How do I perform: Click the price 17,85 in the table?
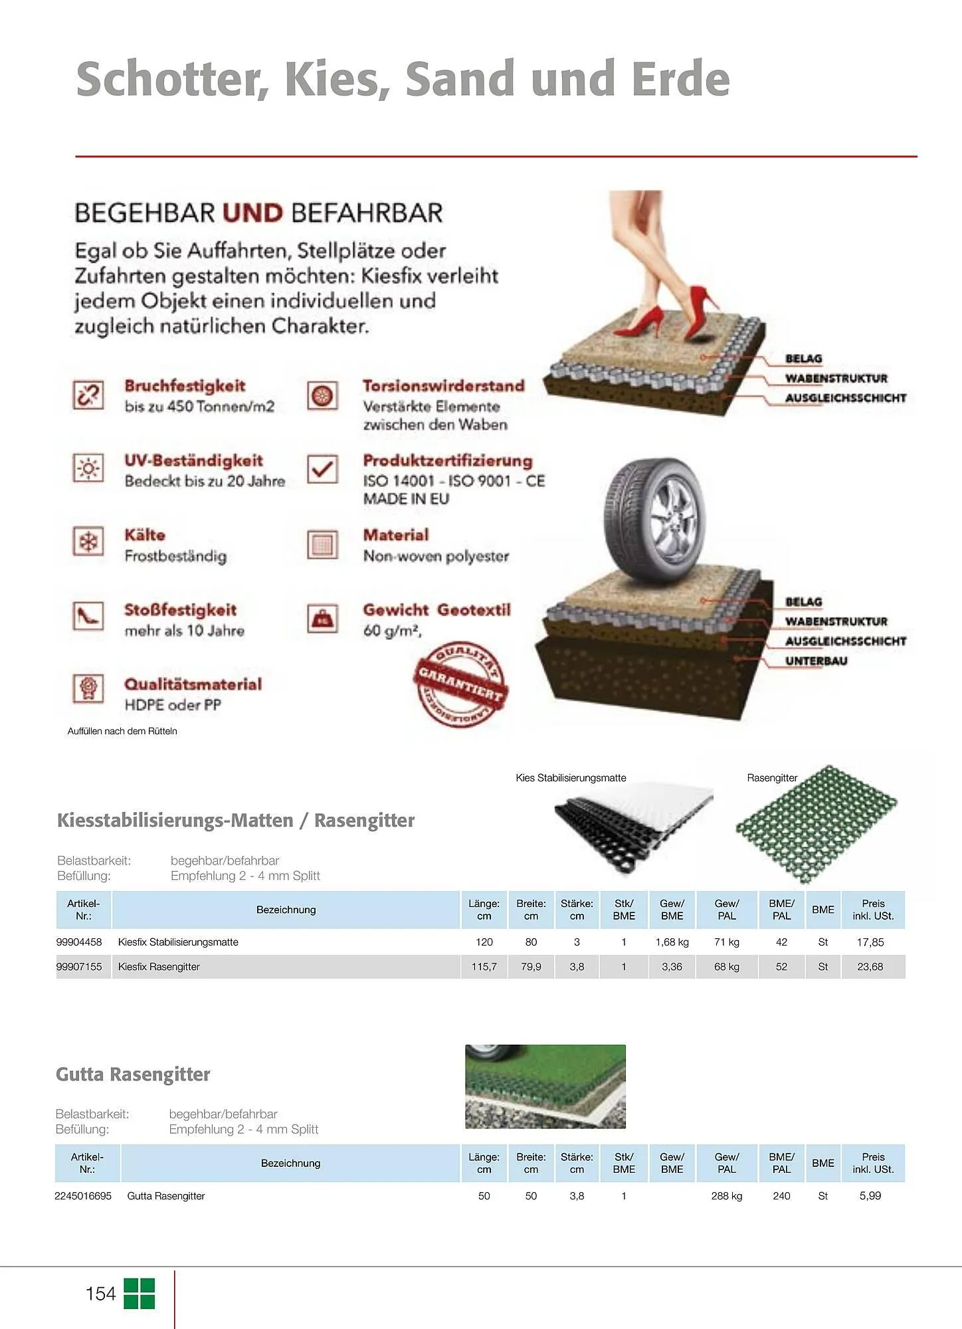[x=870, y=942]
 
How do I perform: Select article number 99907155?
[x=79, y=967]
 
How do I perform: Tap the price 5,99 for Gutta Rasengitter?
[x=870, y=1195]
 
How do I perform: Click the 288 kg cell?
[x=726, y=1195]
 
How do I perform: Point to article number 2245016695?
[x=83, y=1195]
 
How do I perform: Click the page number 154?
[x=100, y=1294]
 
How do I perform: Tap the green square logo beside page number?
[x=139, y=1294]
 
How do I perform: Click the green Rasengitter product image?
[x=815, y=823]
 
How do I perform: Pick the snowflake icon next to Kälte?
[x=88, y=542]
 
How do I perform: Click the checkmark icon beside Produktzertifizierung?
[x=323, y=469]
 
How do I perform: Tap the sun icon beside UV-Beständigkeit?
[x=88, y=468]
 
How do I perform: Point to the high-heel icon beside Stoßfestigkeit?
[x=88, y=617]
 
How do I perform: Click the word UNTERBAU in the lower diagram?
[x=816, y=661]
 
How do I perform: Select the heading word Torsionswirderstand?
[x=443, y=386]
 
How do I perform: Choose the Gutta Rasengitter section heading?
[x=133, y=1074]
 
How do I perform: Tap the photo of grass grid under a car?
[x=545, y=1086]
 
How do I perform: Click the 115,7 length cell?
[x=484, y=967]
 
